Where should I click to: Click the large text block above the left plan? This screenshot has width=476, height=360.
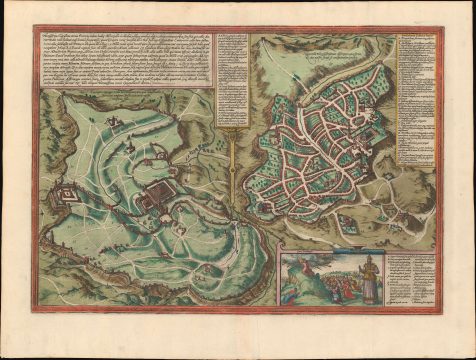click(120, 60)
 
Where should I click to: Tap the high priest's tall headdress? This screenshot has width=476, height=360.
click(369, 261)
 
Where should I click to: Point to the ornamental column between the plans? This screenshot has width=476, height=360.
click(232, 160)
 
